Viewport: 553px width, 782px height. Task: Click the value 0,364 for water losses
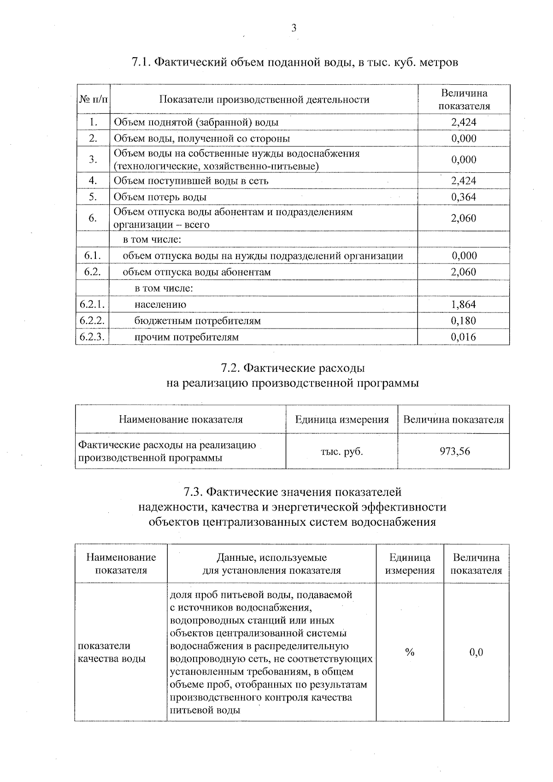pos(464,197)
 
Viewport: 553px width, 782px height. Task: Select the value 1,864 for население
pos(464,305)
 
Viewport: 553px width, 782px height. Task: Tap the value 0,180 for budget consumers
pos(464,321)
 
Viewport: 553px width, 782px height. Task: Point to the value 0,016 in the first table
pos(464,337)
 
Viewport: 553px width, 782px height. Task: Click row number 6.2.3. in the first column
pos(92,337)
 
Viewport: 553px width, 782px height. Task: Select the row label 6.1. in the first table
pos(93,256)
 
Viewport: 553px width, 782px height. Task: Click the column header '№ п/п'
pos(93,100)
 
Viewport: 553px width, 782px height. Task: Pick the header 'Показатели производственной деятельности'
pos(264,100)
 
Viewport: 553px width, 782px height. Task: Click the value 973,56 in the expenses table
pos(455,452)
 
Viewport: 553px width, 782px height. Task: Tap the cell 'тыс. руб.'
pos(341,452)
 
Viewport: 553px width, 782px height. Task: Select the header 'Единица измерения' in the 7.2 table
pos(341,420)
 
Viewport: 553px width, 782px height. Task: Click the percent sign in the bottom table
pos(410,652)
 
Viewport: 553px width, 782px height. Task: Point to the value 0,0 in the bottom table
pos(476,652)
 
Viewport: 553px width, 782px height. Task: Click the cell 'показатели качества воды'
pos(112,652)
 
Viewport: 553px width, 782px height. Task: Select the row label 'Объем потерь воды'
pos(160,197)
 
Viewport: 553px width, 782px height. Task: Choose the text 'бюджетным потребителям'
pos(197,321)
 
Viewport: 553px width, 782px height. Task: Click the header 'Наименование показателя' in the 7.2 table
pos(181,420)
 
